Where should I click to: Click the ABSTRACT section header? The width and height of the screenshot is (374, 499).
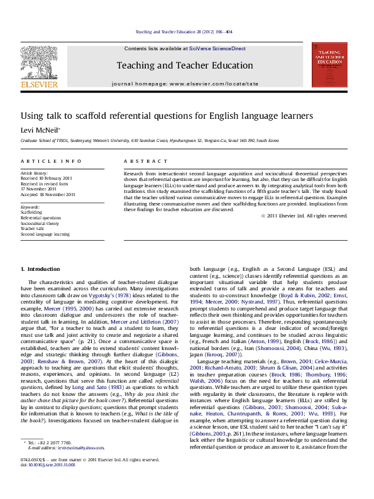(140, 162)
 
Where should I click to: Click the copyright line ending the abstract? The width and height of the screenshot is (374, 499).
(304, 216)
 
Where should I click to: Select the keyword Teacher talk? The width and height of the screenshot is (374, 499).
(34, 229)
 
